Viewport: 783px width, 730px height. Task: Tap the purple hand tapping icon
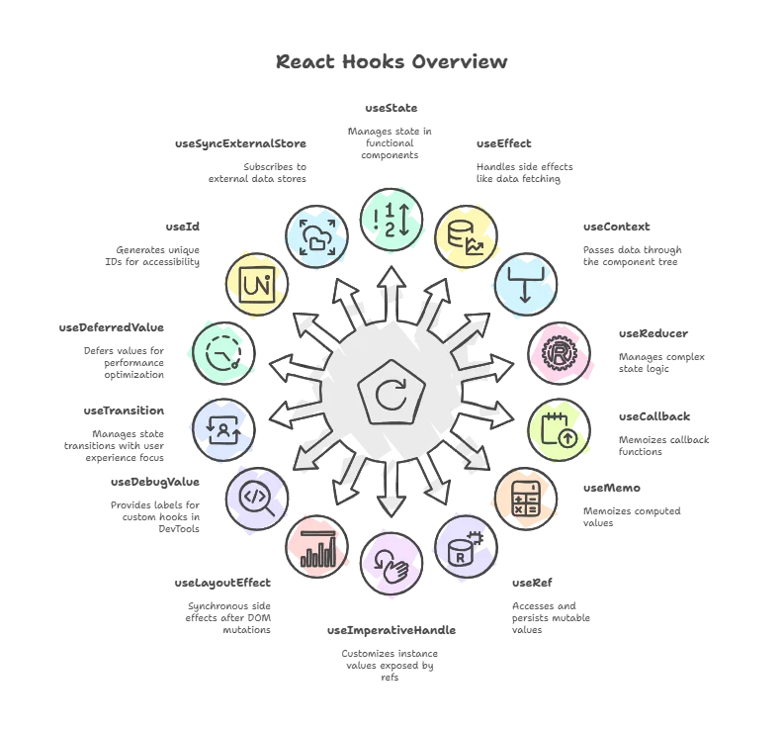point(391,563)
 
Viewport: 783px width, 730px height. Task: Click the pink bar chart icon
point(318,546)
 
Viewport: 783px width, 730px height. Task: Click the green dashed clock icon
point(220,351)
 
